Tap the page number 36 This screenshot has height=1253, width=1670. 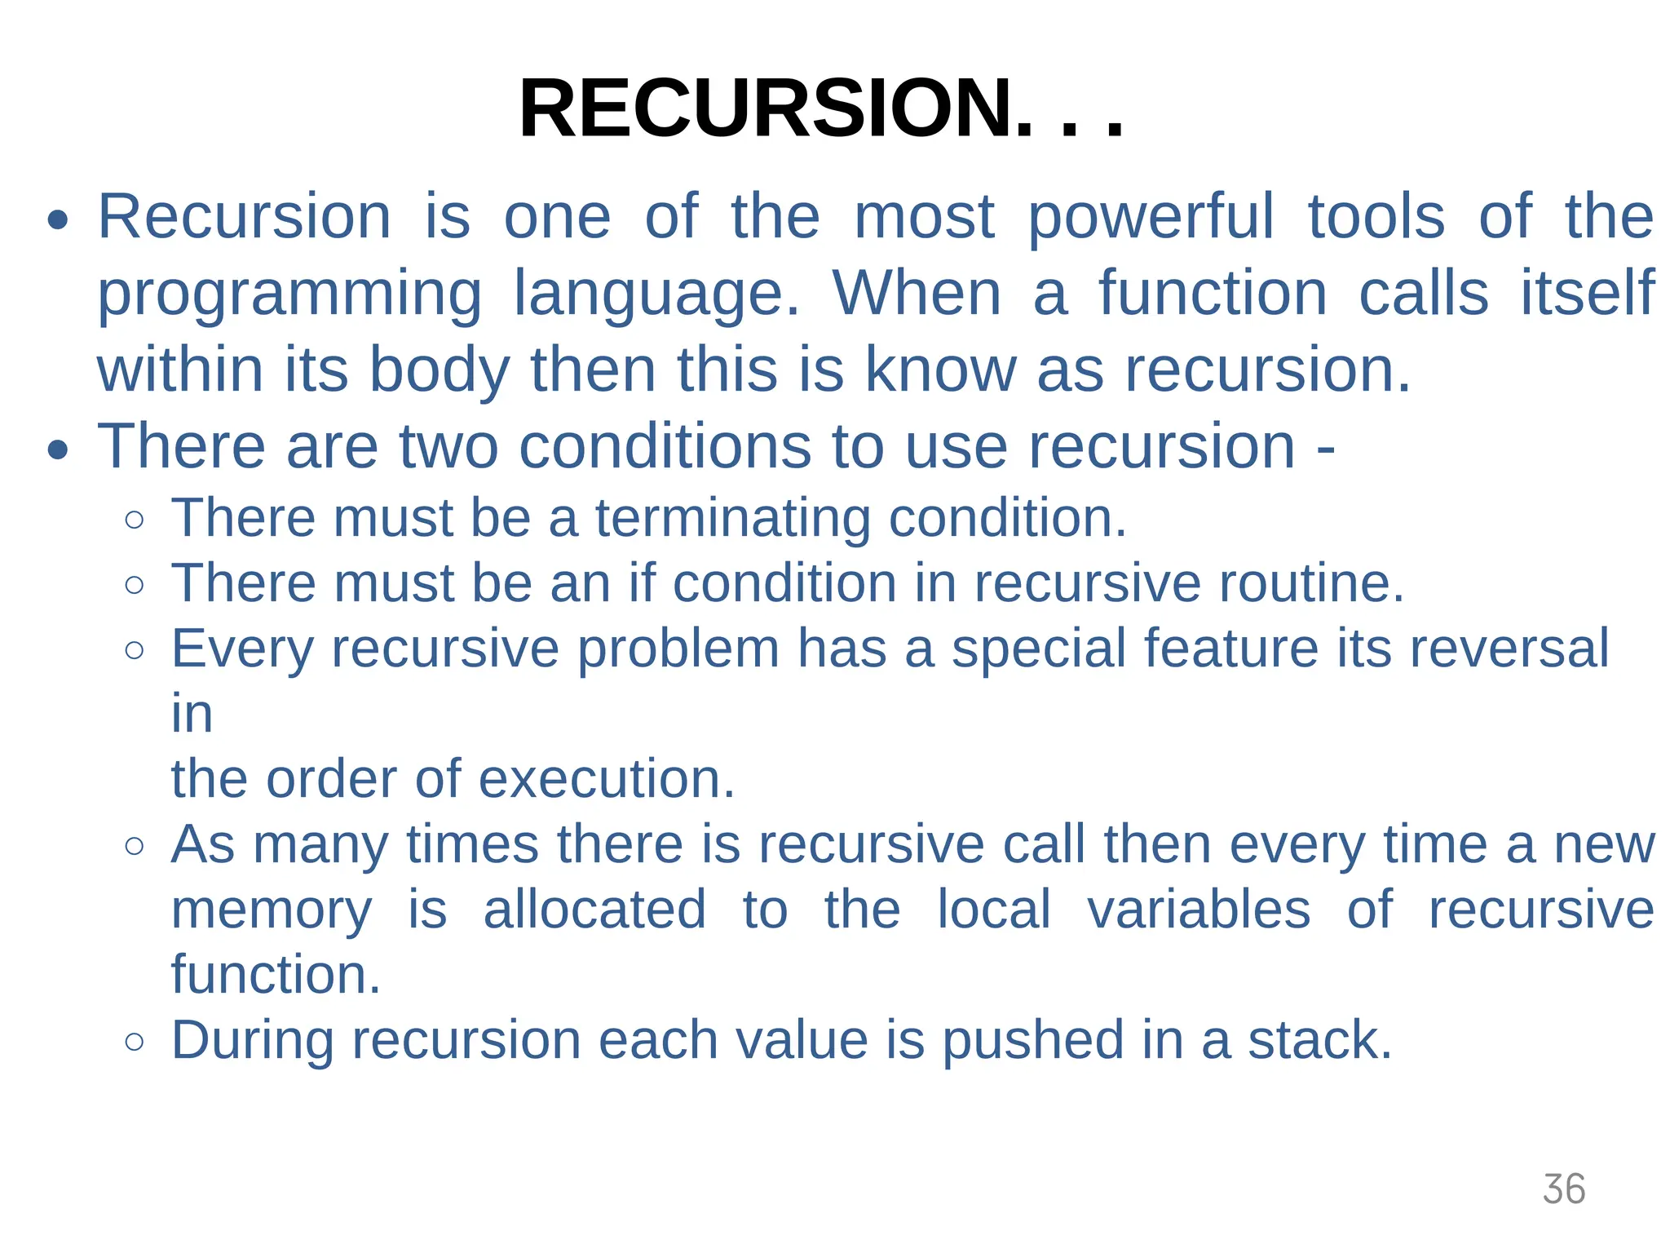(x=1563, y=1189)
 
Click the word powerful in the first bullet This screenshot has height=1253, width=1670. (x=1150, y=217)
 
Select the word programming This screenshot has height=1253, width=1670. (x=289, y=294)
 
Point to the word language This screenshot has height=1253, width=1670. (x=656, y=294)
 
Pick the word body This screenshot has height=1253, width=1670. (x=439, y=370)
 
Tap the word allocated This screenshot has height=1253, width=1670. (x=594, y=910)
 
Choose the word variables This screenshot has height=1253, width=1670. (x=1199, y=910)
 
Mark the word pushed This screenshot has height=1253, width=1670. (x=1032, y=1040)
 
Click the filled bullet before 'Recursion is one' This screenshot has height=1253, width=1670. (x=57, y=220)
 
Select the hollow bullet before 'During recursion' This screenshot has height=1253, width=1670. (x=135, y=1042)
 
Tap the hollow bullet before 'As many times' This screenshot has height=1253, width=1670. (x=135, y=846)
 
